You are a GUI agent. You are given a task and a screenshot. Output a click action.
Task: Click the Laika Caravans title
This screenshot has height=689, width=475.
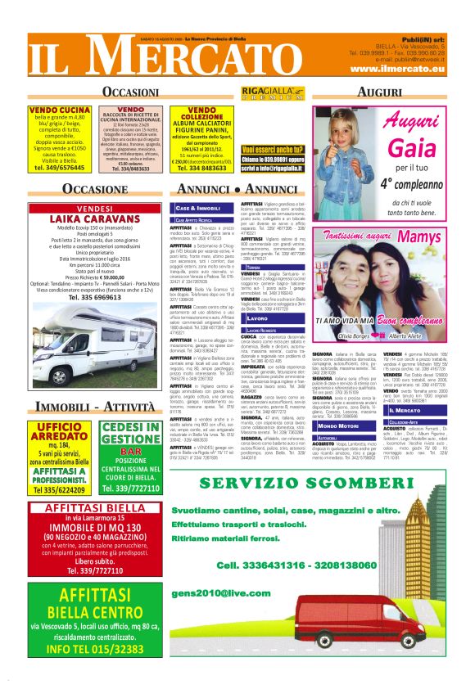coord(93,219)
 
